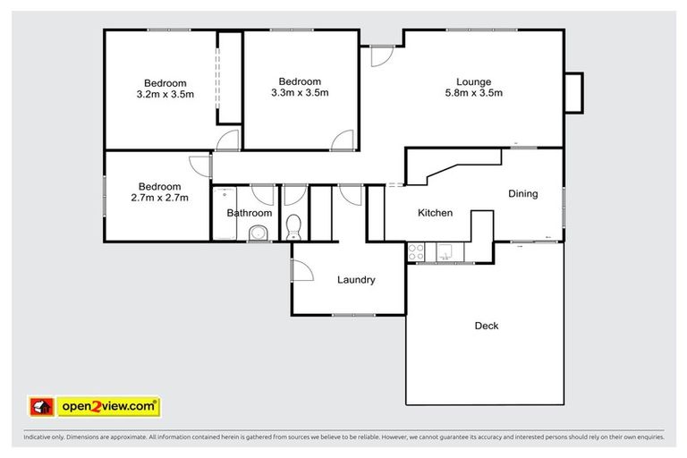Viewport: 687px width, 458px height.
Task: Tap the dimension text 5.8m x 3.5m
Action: (x=473, y=93)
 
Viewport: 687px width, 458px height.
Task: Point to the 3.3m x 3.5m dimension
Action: (x=300, y=92)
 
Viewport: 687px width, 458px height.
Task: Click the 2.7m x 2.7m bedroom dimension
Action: (x=162, y=198)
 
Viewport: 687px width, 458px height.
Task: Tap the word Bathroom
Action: (x=249, y=213)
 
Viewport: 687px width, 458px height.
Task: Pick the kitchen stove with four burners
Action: (x=417, y=253)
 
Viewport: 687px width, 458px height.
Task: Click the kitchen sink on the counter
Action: (x=445, y=254)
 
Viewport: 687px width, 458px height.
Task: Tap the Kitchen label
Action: (x=436, y=213)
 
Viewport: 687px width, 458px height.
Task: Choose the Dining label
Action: (x=522, y=193)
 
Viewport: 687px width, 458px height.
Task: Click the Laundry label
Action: (x=355, y=280)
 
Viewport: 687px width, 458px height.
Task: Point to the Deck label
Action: (x=486, y=326)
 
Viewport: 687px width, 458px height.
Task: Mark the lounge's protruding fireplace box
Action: (x=573, y=92)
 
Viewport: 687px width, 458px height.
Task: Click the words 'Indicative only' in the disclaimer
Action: (x=42, y=437)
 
